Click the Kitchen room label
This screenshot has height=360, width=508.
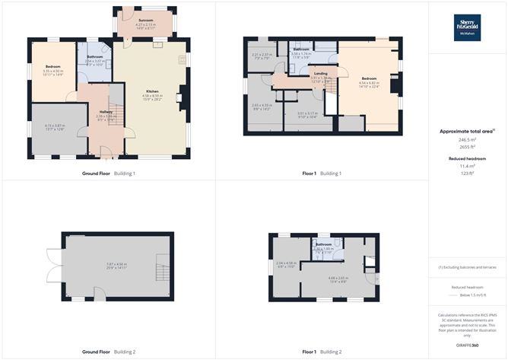pyautogui.click(x=152, y=91)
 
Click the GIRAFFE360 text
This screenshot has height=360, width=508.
pyautogui.click(x=469, y=346)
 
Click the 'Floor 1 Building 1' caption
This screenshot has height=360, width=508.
pyautogui.click(x=322, y=174)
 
